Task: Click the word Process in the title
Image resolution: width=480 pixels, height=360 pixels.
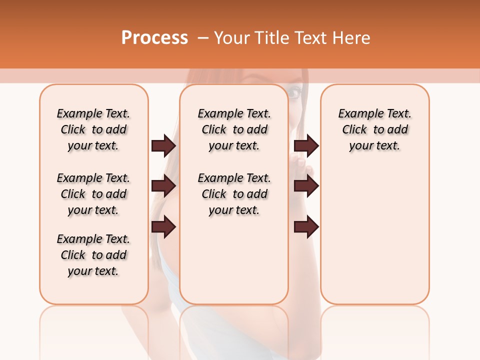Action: click(x=154, y=37)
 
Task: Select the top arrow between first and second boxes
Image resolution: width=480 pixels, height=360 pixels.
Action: click(x=163, y=145)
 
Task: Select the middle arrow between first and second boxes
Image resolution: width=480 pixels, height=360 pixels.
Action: click(x=163, y=186)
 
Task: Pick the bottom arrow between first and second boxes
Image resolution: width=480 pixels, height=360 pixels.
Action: click(x=163, y=227)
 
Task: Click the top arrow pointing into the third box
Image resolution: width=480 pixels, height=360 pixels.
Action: click(x=306, y=145)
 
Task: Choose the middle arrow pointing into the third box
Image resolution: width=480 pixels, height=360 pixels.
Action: click(x=306, y=186)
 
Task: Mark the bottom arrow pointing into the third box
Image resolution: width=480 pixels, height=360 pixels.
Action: click(x=306, y=227)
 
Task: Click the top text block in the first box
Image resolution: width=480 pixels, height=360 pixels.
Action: click(x=93, y=129)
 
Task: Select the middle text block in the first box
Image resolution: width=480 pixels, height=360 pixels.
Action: click(x=93, y=194)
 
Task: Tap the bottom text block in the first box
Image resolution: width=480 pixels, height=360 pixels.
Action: click(x=93, y=255)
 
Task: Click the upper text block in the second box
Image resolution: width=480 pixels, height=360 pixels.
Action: click(x=234, y=129)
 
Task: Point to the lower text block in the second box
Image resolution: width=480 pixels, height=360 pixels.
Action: click(x=234, y=194)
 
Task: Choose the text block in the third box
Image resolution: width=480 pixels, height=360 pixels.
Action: click(x=374, y=129)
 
